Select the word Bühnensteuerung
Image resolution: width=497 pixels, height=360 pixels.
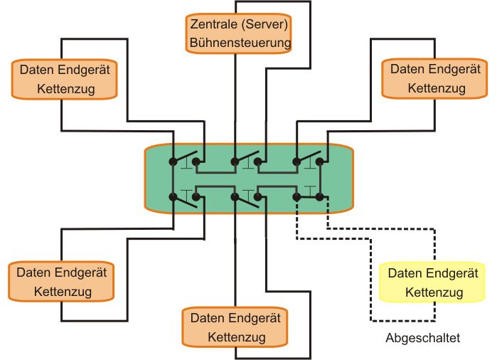(241, 43)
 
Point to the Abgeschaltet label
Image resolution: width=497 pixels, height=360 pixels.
(422, 338)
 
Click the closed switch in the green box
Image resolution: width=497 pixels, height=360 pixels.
(308, 196)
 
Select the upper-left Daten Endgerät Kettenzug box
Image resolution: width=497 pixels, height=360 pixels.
(64, 78)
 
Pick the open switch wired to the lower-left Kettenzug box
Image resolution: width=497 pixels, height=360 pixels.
(188, 200)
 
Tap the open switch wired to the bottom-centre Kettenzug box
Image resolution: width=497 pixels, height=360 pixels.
(247, 200)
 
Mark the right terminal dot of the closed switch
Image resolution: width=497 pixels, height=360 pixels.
(320, 196)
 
